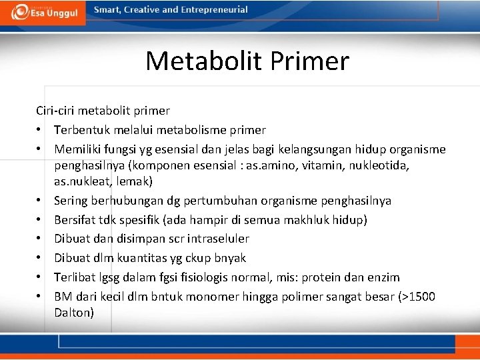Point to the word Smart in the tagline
click(x=107, y=10)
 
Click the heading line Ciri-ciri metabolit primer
click(x=103, y=111)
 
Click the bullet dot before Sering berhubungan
click(x=40, y=201)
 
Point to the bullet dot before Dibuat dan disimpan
click(x=40, y=239)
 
